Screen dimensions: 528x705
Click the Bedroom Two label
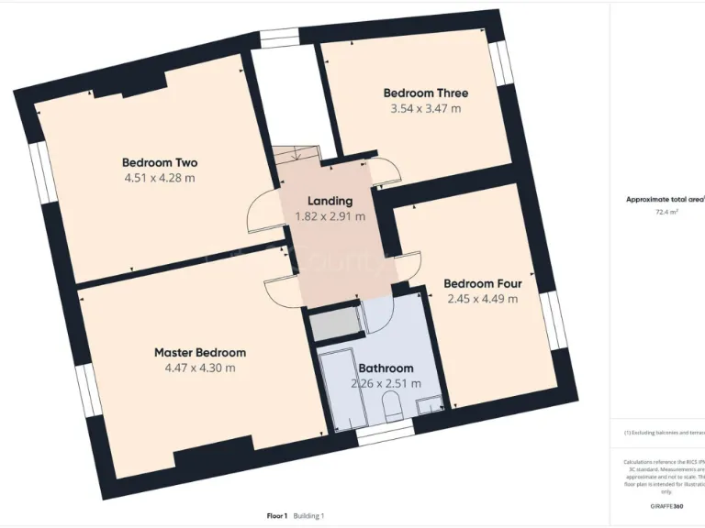160,163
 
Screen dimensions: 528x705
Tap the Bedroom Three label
425,93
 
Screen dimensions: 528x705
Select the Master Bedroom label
199,352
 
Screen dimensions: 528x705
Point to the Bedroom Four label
482,283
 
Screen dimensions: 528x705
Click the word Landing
330,202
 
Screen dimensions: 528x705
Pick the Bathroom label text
386,368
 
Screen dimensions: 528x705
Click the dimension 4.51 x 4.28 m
160,179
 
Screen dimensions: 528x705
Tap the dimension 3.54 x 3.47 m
425,108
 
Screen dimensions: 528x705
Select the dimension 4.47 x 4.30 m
199,368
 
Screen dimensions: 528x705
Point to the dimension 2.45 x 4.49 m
482,299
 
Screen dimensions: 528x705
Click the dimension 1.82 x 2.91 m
330,217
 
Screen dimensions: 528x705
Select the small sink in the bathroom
428,406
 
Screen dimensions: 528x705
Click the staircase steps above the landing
296,155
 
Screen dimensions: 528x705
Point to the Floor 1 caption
271,517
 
